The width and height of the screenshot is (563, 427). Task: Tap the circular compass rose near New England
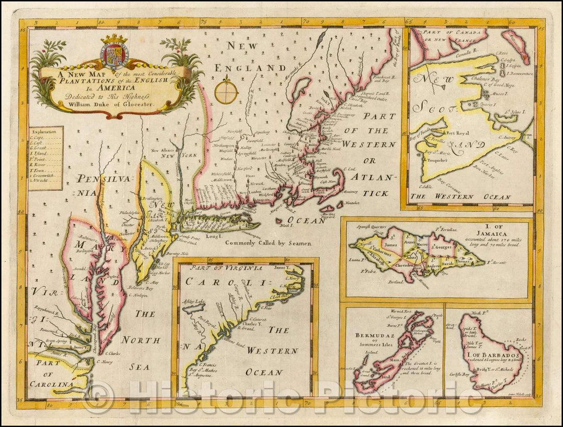click(x=226, y=91)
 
